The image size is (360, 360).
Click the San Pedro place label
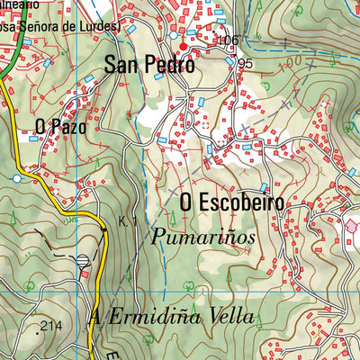149,65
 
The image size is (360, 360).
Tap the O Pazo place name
61,127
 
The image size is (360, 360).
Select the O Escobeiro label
231,202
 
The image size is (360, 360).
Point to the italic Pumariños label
203,238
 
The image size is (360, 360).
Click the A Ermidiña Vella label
171,317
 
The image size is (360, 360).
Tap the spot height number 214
50,325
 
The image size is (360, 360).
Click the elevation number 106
229,40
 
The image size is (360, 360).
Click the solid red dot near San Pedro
183,46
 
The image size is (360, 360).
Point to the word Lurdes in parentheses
96,28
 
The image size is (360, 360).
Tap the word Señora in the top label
52,28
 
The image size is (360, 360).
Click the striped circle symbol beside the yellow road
84,261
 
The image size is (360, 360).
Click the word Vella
228,317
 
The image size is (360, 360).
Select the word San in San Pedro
121,65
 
